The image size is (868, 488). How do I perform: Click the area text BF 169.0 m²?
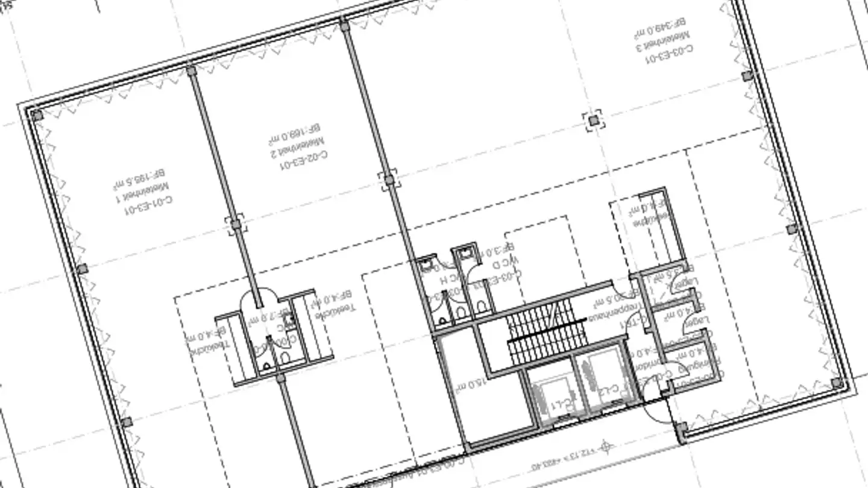(294, 134)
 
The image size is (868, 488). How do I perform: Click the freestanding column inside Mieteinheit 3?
(594, 120)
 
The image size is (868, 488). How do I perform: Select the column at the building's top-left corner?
(37, 115)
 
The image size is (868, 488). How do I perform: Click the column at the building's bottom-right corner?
(837, 383)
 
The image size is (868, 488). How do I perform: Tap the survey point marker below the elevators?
(607, 446)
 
